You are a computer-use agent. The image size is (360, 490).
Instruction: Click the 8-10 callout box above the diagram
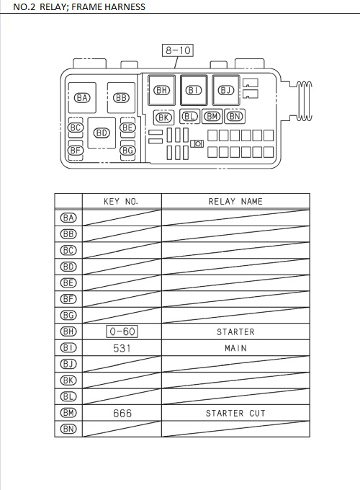click(x=178, y=50)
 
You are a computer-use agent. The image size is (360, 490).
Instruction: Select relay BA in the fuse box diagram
click(x=83, y=97)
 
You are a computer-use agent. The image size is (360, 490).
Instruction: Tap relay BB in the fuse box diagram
click(x=121, y=97)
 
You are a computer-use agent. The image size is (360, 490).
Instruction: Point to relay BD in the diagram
click(x=102, y=133)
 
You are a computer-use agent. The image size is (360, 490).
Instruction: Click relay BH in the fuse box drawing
click(x=162, y=90)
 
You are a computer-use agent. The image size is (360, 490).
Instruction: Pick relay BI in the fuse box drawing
click(x=194, y=90)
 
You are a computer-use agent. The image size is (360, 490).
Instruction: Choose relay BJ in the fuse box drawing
click(x=226, y=90)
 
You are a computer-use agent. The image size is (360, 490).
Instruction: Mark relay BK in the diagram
click(x=164, y=117)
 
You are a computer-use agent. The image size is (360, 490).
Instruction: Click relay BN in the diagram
click(x=235, y=116)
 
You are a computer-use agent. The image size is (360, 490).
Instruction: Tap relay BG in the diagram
click(x=127, y=150)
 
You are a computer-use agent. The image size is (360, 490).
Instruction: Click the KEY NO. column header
click(x=121, y=202)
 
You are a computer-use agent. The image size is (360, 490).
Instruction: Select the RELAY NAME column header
click(x=235, y=202)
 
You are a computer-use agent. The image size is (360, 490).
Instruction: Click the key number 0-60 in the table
click(x=122, y=331)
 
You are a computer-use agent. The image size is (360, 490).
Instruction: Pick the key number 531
click(x=122, y=348)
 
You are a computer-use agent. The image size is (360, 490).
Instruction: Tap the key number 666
click(x=122, y=413)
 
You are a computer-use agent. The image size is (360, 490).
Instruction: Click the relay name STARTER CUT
click(x=235, y=413)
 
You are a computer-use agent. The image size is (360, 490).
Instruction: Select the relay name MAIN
click(x=235, y=348)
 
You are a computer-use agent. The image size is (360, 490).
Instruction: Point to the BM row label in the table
click(x=68, y=413)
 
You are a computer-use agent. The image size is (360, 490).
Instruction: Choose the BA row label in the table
click(x=68, y=218)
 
